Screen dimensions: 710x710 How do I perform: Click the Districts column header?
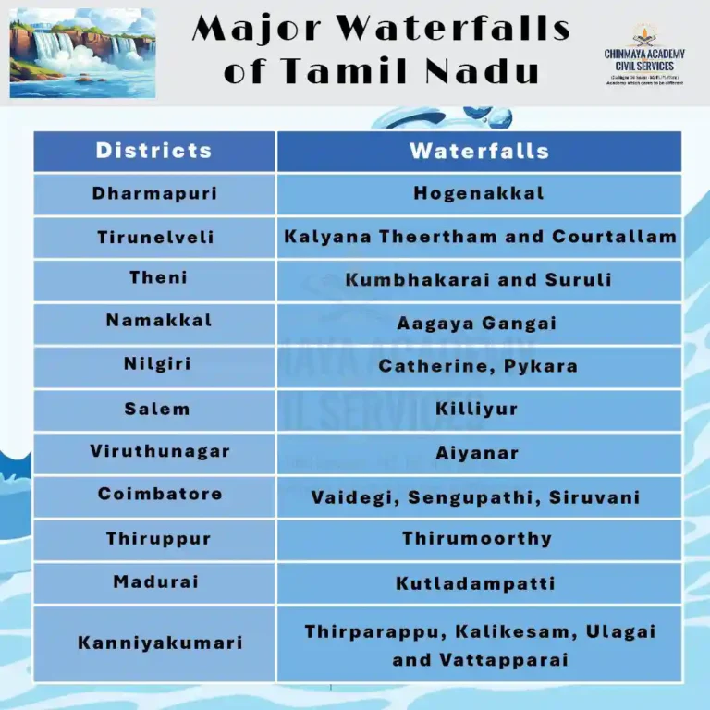click(154, 151)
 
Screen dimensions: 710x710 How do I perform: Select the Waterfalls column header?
click(479, 151)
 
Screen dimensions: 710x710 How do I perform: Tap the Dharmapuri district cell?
click(154, 193)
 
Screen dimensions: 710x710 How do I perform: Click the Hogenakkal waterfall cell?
click(479, 193)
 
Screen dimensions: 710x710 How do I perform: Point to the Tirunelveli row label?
click(155, 238)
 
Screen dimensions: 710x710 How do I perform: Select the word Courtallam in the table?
click(615, 237)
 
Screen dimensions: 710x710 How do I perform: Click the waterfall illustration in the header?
click(82, 52)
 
